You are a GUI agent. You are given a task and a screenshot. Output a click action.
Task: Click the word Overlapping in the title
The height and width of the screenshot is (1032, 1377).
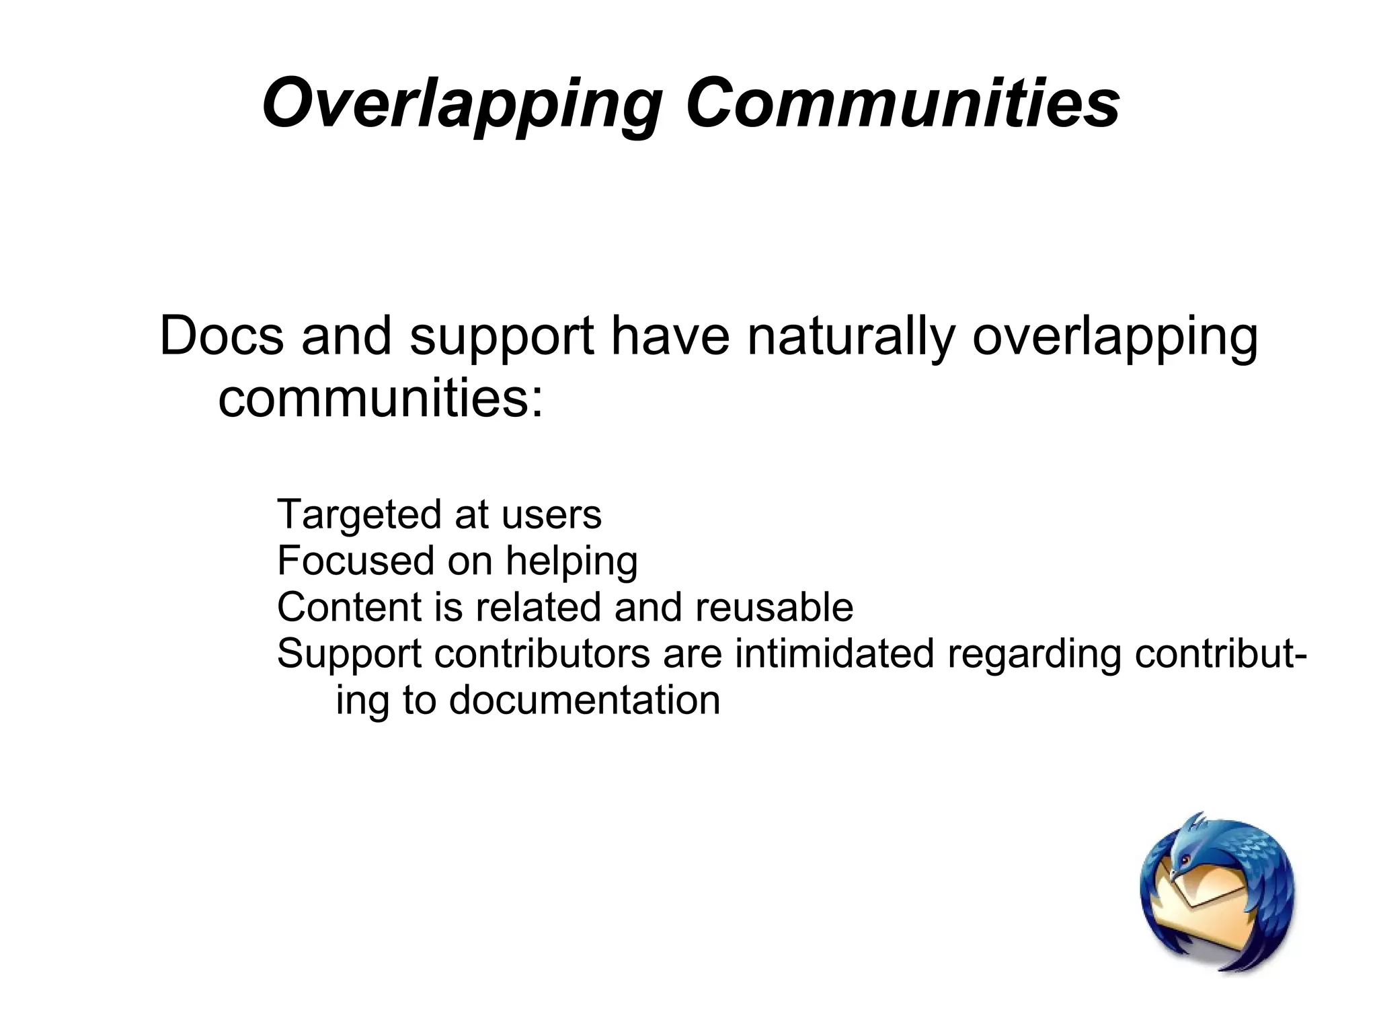pos(461,104)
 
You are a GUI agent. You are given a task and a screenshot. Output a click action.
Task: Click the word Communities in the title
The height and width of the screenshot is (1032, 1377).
pos(902,104)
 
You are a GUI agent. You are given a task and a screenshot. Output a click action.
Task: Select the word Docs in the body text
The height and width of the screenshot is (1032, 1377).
pos(221,336)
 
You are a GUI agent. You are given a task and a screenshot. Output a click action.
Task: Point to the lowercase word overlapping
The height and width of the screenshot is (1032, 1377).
pos(1115,336)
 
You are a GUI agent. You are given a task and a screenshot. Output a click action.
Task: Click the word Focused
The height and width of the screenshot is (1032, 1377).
pos(356,561)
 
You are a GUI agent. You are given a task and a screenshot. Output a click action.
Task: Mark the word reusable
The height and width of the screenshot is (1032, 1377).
pos(774,607)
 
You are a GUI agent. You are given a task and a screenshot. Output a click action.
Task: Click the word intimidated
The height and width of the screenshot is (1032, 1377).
pos(834,653)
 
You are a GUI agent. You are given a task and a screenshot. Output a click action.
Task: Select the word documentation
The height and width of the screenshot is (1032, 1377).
pos(584,700)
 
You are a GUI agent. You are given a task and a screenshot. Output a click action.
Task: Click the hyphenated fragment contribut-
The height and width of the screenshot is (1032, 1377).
pos(1221,653)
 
